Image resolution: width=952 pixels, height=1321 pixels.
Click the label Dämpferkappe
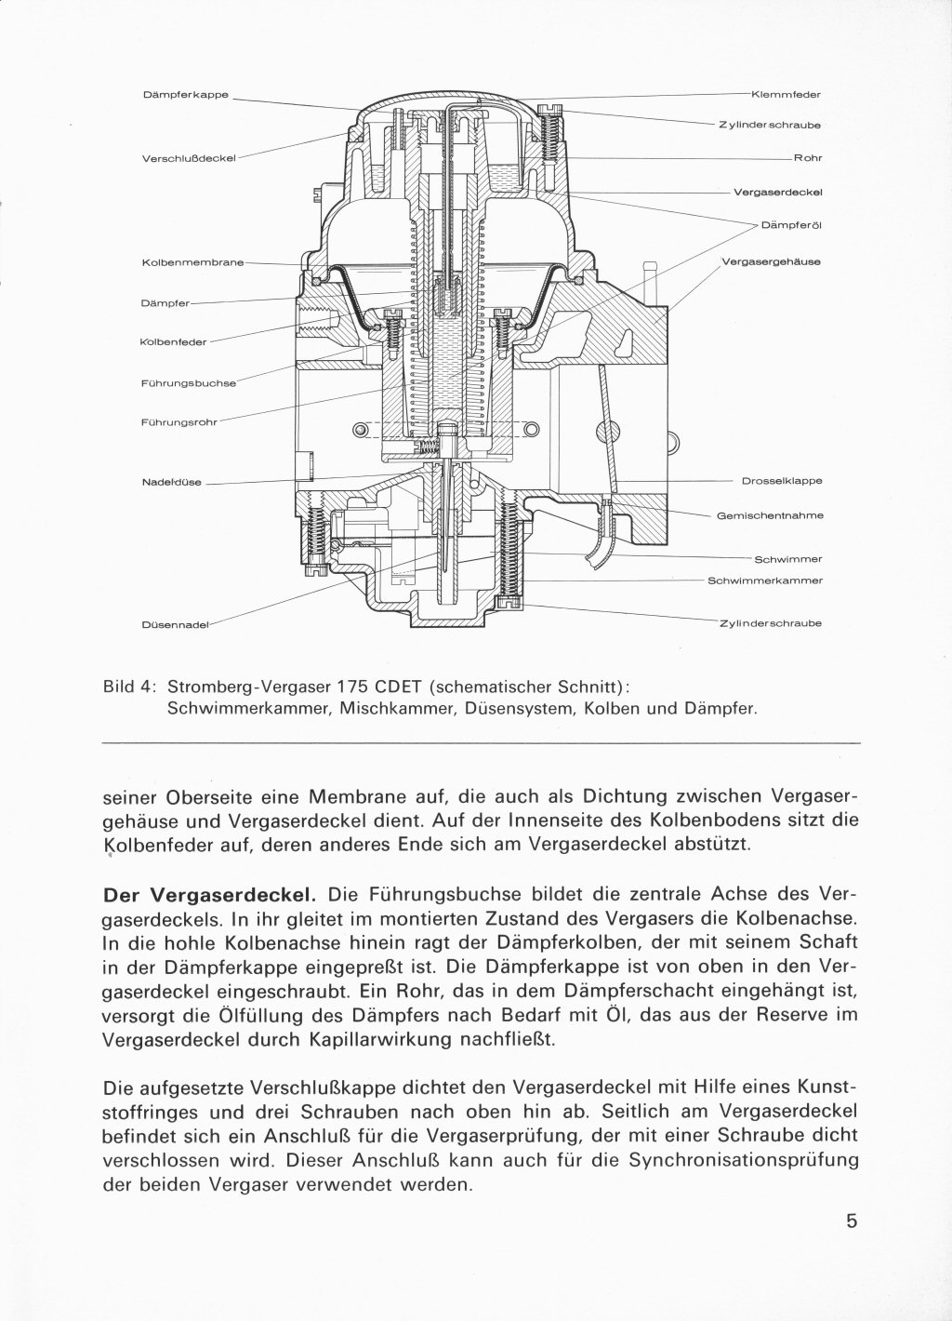pyautogui.click(x=186, y=94)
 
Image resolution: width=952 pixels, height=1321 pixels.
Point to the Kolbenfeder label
pyautogui.click(x=174, y=341)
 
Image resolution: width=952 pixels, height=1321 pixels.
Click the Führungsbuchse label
pyautogui.click(x=189, y=382)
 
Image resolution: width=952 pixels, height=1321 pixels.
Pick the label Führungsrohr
pyautogui.click(x=178, y=422)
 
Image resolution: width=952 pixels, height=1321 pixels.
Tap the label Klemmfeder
pyautogui.click(x=786, y=94)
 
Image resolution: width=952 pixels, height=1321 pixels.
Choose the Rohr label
pyautogui.click(x=807, y=158)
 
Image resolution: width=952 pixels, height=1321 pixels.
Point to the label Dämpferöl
pyautogui.click(x=791, y=225)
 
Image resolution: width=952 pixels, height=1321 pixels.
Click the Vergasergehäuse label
pyautogui.click(x=771, y=262)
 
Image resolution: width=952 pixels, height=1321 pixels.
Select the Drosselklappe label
pyautogui.click(x=782, y=481)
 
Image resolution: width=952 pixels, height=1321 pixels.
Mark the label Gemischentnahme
pyautogui.click(x=770, y=514)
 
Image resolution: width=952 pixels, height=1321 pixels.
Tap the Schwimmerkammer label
pyautogui.click(x=765, y=580)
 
